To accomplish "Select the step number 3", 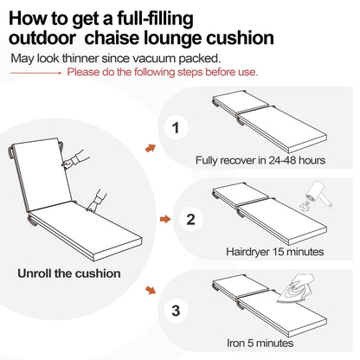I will (x=177, y=309).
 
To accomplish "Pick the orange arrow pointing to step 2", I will (x=152, y=220).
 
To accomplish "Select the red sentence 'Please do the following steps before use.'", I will (x=162, y=72).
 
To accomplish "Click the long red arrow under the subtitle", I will (x=37, y=73).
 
